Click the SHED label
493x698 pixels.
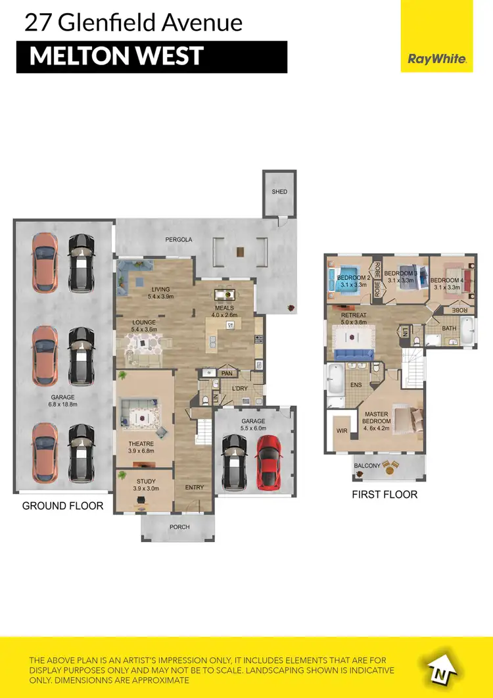pos(279,192)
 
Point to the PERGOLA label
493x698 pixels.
pos(178,240)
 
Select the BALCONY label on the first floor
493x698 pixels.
pos(367,466)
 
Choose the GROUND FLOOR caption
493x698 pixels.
pos(62,506)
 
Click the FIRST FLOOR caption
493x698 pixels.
pos(384,494)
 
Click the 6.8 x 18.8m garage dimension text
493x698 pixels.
pos(64,405)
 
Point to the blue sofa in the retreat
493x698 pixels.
pos(354,355)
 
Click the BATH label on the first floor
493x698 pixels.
pos(449,328)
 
